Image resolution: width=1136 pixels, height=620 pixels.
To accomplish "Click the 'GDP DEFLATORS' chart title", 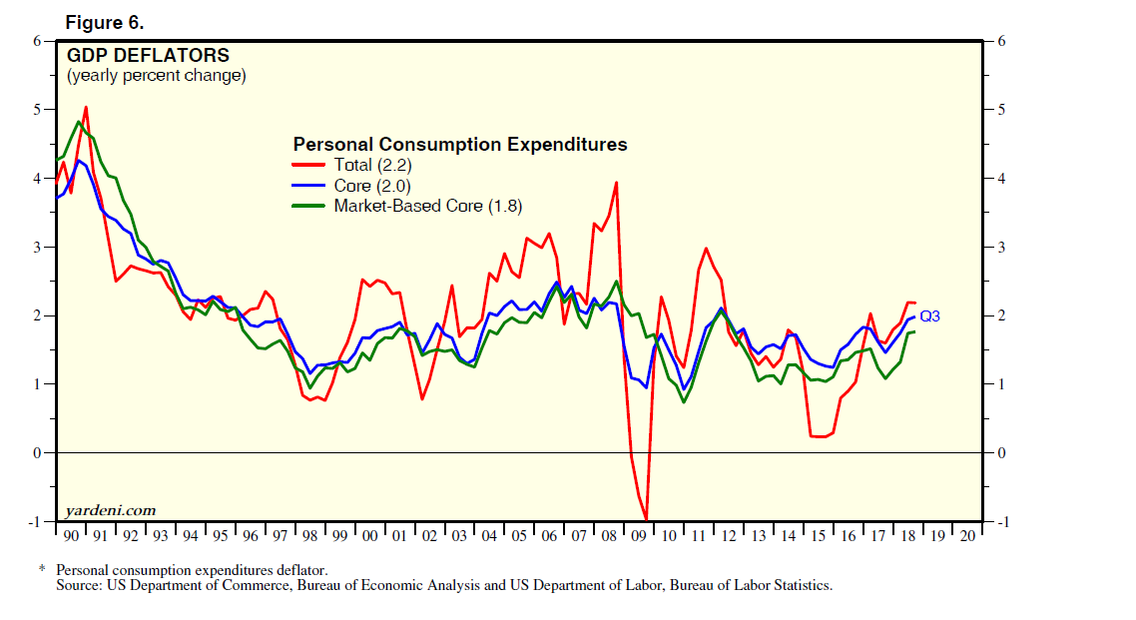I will pos(148,56).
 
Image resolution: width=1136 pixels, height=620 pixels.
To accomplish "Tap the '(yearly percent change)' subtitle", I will pos(156,76).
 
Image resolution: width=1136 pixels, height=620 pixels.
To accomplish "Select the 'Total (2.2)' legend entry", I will pos(373,165).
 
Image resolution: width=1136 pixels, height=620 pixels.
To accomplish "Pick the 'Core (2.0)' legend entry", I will pos(372,186).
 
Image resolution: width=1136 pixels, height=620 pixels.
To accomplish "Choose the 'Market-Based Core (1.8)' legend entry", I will pos(428,206).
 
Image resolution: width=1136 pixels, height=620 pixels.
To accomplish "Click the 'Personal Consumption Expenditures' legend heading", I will pos(460,145).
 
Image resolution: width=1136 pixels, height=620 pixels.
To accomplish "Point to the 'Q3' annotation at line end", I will pos(929,315).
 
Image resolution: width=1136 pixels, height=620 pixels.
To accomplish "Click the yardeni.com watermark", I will pos(110,510).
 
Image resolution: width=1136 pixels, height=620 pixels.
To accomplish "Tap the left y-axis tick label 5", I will pos(38,110).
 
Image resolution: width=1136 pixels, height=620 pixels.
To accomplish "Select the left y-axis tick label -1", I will pos(35,522).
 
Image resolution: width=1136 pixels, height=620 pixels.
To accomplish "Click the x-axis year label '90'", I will pos(71,536).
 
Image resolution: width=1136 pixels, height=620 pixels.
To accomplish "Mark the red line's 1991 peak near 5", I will pos(86,107).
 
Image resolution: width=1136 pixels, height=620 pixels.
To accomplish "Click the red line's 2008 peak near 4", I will pos(617,183).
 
